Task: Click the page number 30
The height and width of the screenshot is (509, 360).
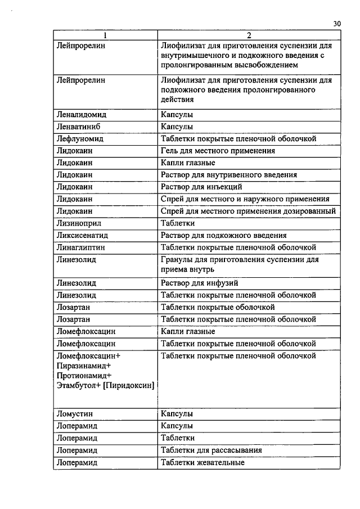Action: [x=337, y=23]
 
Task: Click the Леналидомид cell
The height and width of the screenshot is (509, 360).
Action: [x=82, y=114]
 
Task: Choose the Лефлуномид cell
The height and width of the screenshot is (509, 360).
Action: [x=80, y=138]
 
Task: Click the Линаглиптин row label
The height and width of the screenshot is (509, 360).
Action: [x=81, y=247]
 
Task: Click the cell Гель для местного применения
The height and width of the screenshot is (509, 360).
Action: [x=218, y=151]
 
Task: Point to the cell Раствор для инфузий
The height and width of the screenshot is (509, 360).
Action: [x=203, y=283]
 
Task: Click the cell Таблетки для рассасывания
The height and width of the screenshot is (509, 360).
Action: [x=211, y=450]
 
